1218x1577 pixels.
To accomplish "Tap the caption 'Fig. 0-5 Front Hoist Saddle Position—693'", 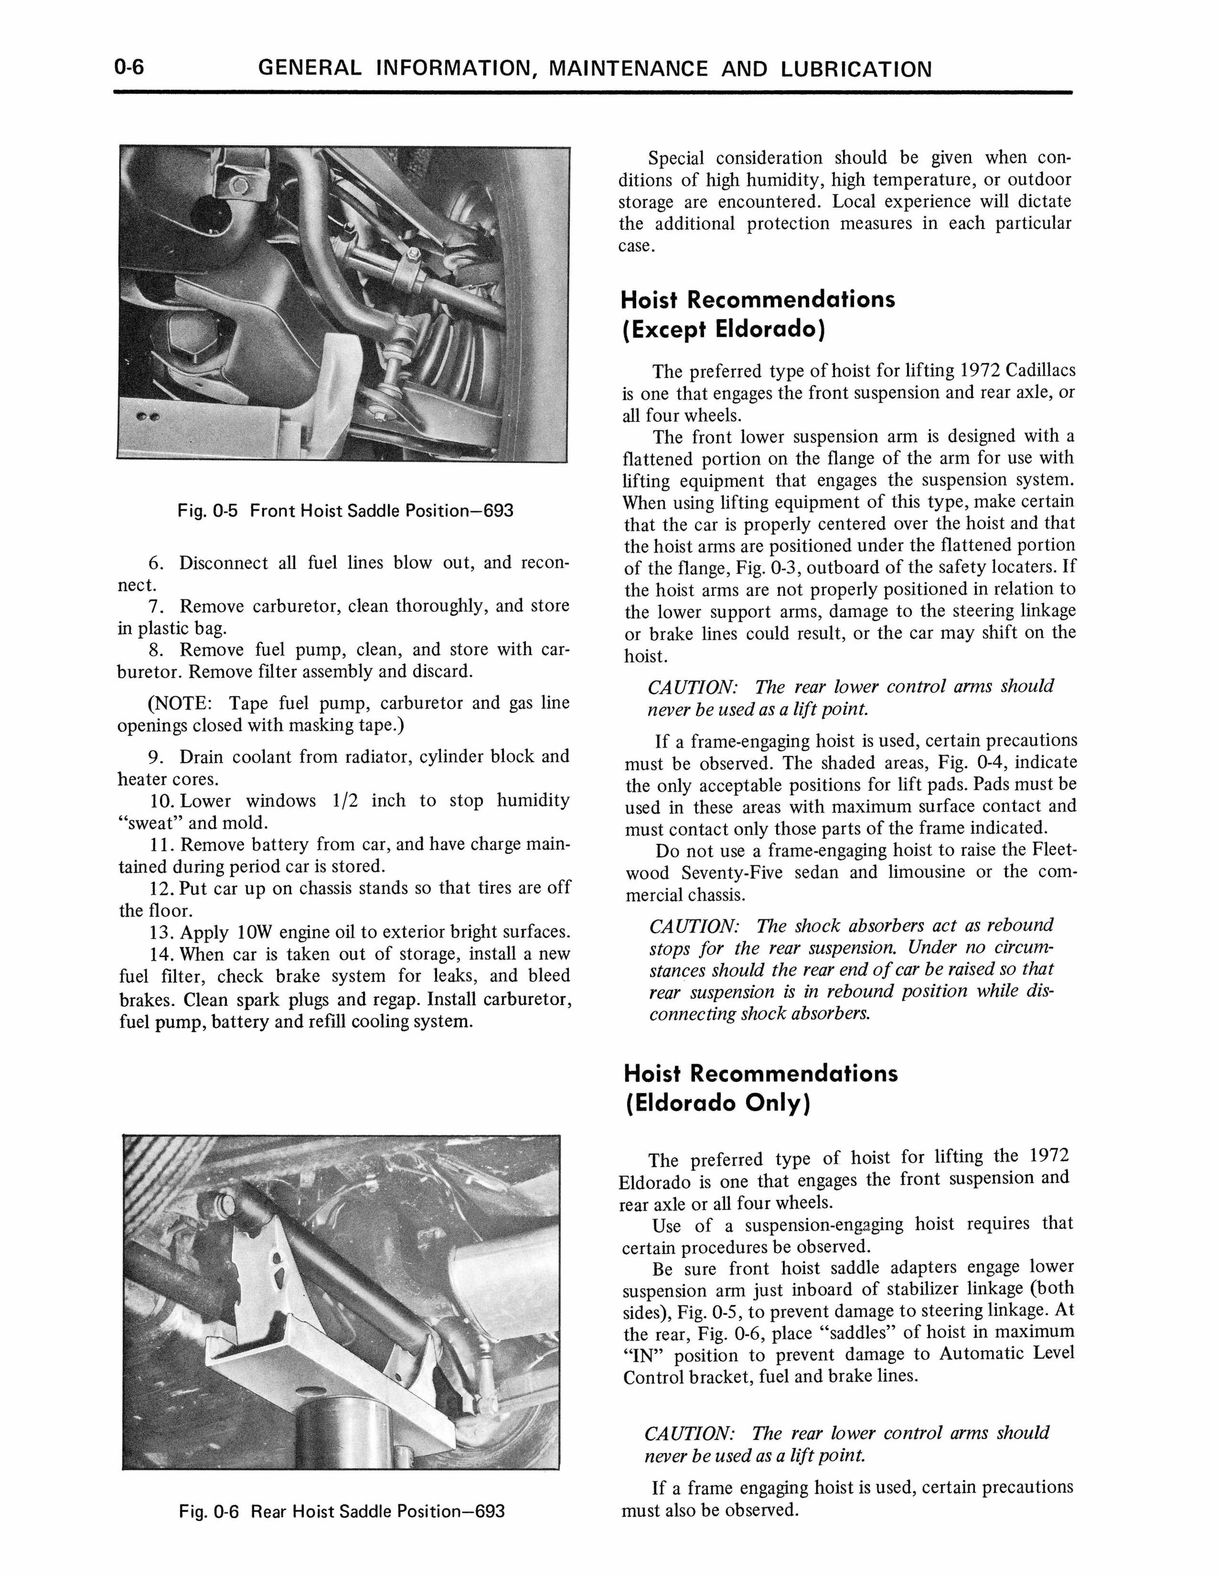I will point(345,511).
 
